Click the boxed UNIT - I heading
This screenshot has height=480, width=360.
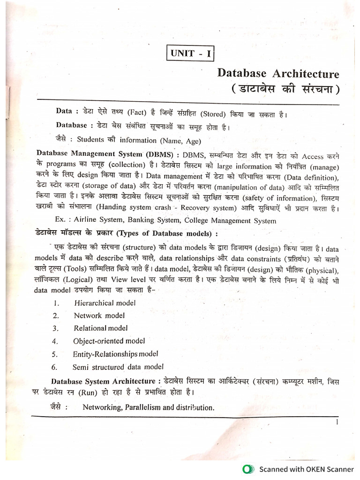189,53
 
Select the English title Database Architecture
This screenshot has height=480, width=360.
278,74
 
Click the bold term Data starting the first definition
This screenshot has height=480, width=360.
64,111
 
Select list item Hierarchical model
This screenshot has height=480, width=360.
105,303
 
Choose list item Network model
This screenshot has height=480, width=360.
99,315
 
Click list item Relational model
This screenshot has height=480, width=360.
100,328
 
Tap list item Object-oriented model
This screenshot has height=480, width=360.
109,341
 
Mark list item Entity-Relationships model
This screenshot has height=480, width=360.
115,354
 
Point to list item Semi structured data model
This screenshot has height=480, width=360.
118,367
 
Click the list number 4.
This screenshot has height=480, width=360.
55,341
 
